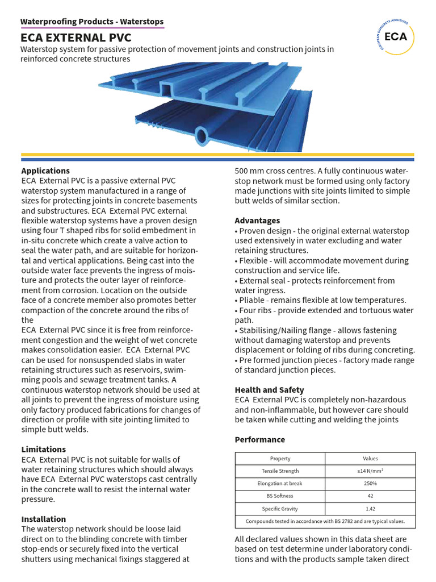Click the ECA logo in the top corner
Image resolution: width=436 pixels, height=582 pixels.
395,36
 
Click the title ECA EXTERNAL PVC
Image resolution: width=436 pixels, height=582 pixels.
76,38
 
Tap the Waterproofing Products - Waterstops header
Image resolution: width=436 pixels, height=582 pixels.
92,22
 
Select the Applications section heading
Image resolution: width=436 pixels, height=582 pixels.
45,171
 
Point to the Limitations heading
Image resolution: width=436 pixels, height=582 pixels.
43,449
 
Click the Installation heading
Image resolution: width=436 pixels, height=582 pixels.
43,519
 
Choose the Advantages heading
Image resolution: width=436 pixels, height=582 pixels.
257,221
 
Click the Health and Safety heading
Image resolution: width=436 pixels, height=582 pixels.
269,390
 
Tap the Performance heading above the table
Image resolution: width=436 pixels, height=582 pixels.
259,439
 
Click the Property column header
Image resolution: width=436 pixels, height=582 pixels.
280,459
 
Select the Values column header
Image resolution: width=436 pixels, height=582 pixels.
370,459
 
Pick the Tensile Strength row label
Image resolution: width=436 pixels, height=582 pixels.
280,471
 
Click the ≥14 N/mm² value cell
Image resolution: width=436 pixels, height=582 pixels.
370,471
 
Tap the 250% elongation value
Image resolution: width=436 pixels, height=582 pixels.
370,484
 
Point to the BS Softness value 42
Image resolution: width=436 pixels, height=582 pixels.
370,496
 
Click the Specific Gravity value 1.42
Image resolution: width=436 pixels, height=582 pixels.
370,509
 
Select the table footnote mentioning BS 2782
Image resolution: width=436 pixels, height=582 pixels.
325,521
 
